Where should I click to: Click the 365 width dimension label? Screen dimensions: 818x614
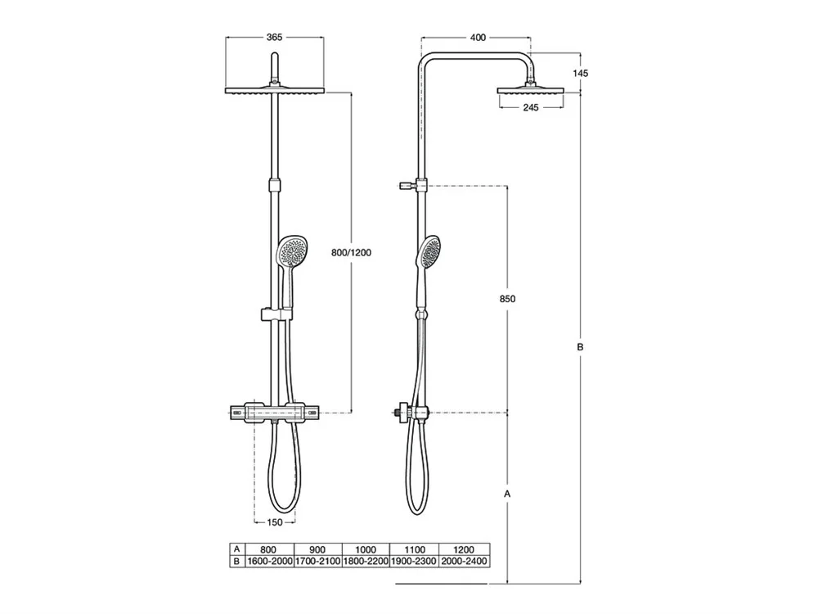pos(274,37)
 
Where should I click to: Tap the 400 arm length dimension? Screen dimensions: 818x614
pos(478,37)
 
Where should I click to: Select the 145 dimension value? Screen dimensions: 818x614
pos(580,73)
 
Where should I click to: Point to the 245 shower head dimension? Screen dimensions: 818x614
pos(531,107)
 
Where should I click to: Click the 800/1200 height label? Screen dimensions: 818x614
pos(351,253)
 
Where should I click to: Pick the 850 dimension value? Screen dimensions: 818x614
pos(507,299)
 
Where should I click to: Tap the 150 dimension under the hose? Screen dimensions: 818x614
pos(274,522)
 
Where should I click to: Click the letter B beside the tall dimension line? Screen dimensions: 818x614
pos(580,346)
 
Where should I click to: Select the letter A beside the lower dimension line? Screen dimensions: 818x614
pos(507,494)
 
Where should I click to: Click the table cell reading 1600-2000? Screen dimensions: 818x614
pos(269,562)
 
